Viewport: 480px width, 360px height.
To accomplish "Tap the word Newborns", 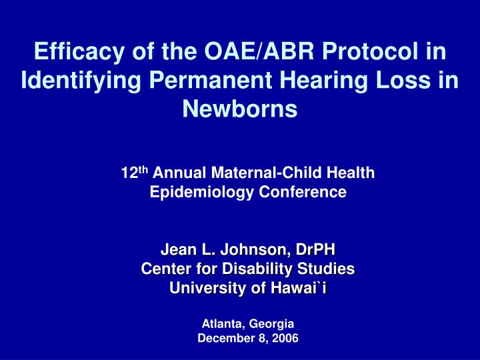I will pos(240,109).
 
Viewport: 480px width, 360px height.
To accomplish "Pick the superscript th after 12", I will pos(142,170).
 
